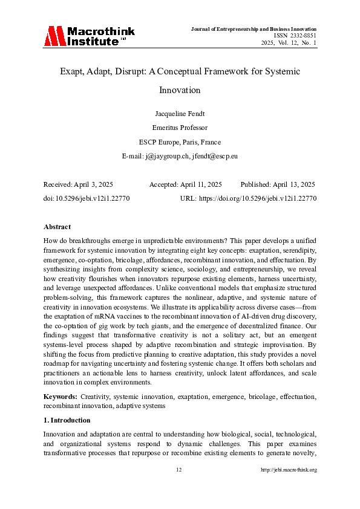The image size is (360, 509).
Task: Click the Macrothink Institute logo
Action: (85, 36)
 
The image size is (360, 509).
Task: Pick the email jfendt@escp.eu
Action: (214, 156)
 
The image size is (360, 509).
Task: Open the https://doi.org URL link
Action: (258, 198)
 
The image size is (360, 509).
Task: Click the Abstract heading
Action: (57, 227)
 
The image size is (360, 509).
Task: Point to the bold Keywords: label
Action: (61, 396)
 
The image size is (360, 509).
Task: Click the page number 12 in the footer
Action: (179, 470)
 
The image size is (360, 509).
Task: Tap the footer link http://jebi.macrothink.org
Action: (289, 470)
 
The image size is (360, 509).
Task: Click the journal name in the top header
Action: (254, 29)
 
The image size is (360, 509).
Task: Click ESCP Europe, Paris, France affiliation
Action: (180, 142)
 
